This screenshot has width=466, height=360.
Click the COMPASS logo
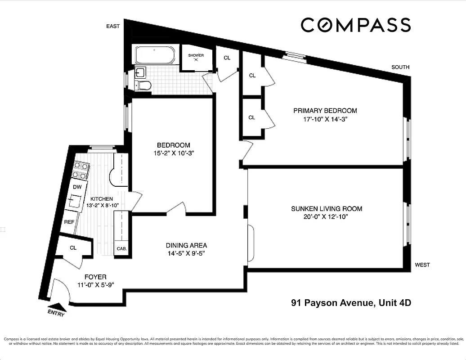coord(355,25)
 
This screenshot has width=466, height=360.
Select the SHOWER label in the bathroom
coord(196,55)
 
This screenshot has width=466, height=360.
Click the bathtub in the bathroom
coord(154,56)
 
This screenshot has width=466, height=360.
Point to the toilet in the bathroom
coord(143,85)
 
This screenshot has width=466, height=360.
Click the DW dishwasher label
coord(77,186)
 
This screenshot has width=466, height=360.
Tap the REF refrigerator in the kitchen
coord(69,222)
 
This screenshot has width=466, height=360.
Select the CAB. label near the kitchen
coord(121,249)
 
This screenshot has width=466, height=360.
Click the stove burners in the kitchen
coord(79,171)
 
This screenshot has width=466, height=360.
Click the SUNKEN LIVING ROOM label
coord(326,209)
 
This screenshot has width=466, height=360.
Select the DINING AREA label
coord(186,245)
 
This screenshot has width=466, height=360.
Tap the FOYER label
coord(95,277)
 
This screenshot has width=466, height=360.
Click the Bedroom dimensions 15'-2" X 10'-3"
coord(173,153)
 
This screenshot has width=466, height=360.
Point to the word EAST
coord(113,26)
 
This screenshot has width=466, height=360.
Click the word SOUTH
coord(400,67)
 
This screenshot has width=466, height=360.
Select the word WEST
coord(422,265)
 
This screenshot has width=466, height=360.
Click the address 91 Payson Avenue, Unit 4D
coord(351,303)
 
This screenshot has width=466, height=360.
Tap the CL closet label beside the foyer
coord(73,247)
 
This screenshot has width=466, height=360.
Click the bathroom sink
coord(139,72)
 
